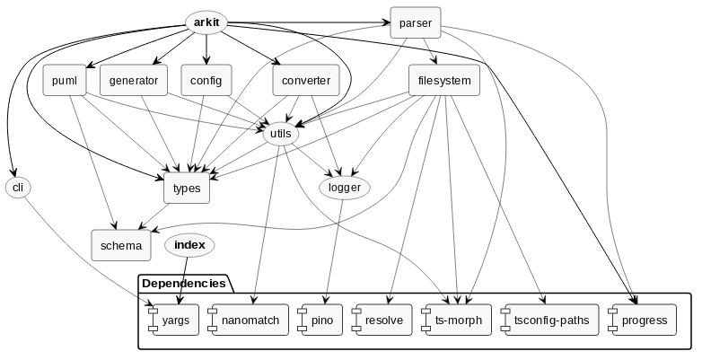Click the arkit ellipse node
[206, 22]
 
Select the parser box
[416, 22]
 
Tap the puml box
[64, 81]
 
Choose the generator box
[134, 81]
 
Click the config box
[206, 81]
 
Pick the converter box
[305, 81]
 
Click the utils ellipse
[281, 134]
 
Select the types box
[187, 188]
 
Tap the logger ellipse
[345, 188]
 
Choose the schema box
[120, 244]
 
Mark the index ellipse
[189, 244]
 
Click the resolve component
[382, 320]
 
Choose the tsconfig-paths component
[545, 320]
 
